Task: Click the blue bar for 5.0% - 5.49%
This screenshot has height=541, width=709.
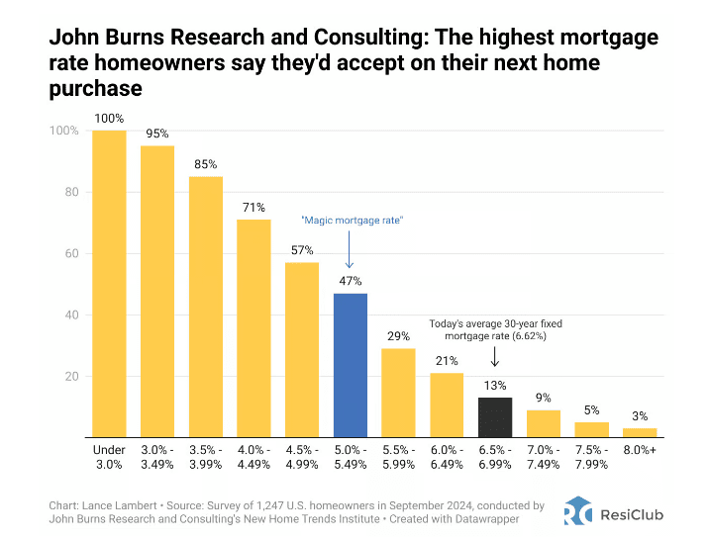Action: click(x=350, y=365)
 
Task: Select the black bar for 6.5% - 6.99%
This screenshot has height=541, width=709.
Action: click(x=495, y=417)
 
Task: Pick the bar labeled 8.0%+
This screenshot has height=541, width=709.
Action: click(x=640, y=433)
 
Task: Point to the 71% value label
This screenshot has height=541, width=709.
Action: click(x=253, y=208)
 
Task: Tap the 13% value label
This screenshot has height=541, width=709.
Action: click(x=495, y=386)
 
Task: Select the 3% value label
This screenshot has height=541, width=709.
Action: click(x=640, y=416)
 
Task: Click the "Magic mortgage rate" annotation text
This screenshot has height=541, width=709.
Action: click(x=350, y=220)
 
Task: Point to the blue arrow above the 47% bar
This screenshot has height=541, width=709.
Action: click(x=350, y=252)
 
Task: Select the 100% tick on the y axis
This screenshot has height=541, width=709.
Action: click(x=66, y=131)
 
